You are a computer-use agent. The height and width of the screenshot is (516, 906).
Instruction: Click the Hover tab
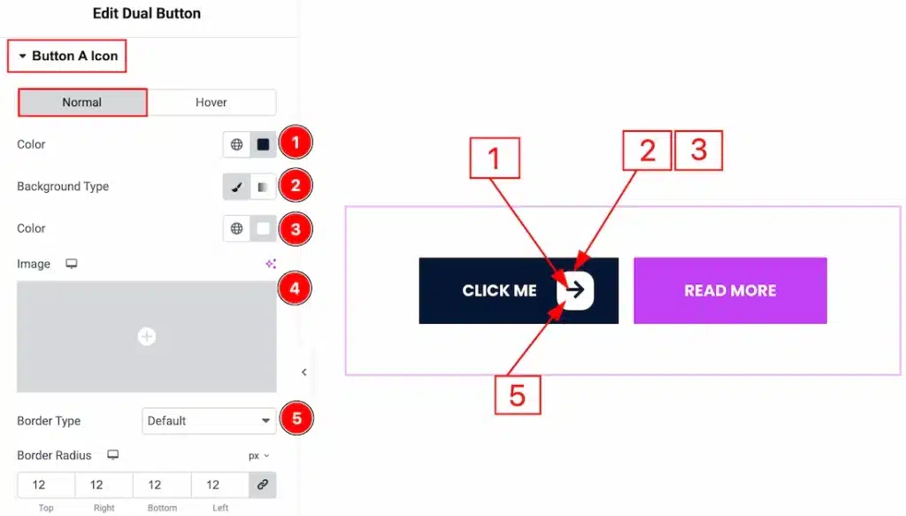coord(211,103)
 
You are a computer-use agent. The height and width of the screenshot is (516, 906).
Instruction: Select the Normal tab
coord(82,103)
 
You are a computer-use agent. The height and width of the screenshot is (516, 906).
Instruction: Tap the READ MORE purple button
coord(730,290)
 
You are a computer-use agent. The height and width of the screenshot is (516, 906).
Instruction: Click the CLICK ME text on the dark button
coord(499,290)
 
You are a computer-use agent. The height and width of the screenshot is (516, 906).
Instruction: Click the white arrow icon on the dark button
coord(575,290)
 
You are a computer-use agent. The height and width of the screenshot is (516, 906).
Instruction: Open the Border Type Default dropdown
coord(209,420)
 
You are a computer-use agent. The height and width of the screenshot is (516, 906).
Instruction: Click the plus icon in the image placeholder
coord(147,336)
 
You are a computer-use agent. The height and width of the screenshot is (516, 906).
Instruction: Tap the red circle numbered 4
coord(296,288)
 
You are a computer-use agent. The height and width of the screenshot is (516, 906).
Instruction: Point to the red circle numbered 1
coord(296,142)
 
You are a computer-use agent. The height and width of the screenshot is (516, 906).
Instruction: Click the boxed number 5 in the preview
coord(517,396)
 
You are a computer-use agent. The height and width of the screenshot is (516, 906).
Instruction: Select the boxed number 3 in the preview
coord(699,150)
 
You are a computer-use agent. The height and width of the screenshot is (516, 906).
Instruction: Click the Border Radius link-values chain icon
coord(263,485)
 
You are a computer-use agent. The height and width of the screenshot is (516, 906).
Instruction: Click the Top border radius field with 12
coord(39,485)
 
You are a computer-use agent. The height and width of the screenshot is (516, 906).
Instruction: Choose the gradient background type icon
coord(263,187)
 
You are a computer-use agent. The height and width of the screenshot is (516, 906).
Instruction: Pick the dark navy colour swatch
coord(263,144)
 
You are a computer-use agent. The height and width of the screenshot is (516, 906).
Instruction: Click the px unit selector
coord(258,456)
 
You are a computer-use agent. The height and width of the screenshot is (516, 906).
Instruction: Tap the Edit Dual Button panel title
coord(147,13)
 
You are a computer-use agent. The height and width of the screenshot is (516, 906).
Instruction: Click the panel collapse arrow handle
coord(304,373)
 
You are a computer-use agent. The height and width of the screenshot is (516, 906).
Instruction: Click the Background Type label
coord(63,187)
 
